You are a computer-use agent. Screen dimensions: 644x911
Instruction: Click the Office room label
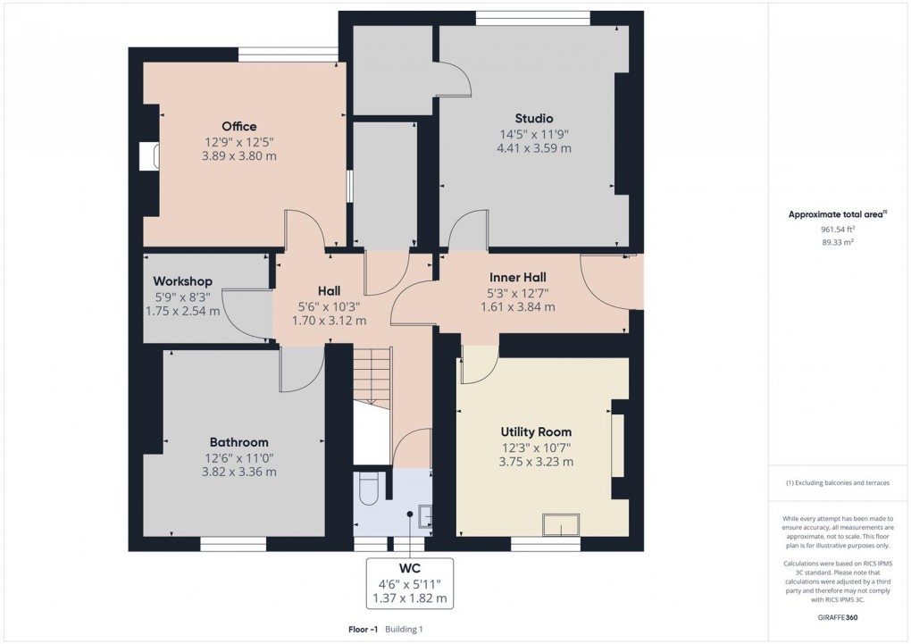[239, 126]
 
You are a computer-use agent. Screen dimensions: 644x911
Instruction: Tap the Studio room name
[533, 118]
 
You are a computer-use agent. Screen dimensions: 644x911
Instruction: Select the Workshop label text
[182, 281]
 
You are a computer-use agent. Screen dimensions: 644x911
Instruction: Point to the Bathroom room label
[238, 442]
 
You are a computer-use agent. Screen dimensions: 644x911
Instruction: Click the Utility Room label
[536, 431]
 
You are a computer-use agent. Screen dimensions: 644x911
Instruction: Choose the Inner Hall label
[517, 277]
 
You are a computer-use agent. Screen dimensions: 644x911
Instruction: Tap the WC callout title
[410, 567]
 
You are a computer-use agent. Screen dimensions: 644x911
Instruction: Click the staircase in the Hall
[372, 375]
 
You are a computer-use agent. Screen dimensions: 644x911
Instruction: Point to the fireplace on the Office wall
[147, 156]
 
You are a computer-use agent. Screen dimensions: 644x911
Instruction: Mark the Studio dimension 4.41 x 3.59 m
[533, 148]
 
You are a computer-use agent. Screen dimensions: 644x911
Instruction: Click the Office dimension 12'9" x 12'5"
[239, 141]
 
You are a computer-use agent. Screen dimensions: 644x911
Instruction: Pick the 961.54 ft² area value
[837, 229]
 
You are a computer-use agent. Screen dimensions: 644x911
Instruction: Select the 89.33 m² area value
[837, 241]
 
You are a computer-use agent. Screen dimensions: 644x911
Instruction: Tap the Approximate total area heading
[837, 213]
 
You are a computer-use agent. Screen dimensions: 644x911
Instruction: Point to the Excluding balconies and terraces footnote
[837, 482]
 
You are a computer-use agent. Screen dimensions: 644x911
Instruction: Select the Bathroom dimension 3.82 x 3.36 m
[238, 472]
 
